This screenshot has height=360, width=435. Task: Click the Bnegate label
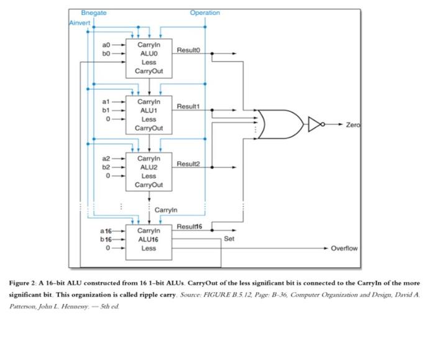pyautogui.click(x=94, y=13)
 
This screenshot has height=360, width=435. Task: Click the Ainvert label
pyautogui.click(x=80, y=22)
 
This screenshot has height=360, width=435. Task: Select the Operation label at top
pyautogui.click(x=204, y=13)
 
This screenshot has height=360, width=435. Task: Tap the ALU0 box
pyautogui.click(x=149, y=58)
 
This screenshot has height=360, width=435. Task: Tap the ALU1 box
pyautogui.click(x=149, y=114)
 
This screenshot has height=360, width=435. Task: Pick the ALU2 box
pyautogui.click(x=149, y=172)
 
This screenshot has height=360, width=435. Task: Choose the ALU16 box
pyautogui.click(x=149, y=239)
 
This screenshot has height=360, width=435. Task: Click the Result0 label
pyautogui.click(x=188, y=50)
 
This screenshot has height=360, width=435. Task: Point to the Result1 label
pyautogui.click(x=188, y=107)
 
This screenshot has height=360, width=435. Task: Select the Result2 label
pyautogui.click(x=188, y=164)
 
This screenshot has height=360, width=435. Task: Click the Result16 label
pyautogui.click(x=190, y=226)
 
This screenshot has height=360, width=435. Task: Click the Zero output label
pyautogui.click(x=352, y=125)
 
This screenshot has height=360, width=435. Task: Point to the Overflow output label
pyautogui.click(x=344, y=248)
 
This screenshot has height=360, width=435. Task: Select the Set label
pyautogui.click(x=229, y=239)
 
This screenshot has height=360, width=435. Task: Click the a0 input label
pyautogui.click(x=107, y=45)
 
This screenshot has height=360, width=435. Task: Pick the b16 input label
pyautogui.click(x=106, y=239)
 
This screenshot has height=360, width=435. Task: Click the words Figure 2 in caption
pyautogui.click(x=22, y=282)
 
